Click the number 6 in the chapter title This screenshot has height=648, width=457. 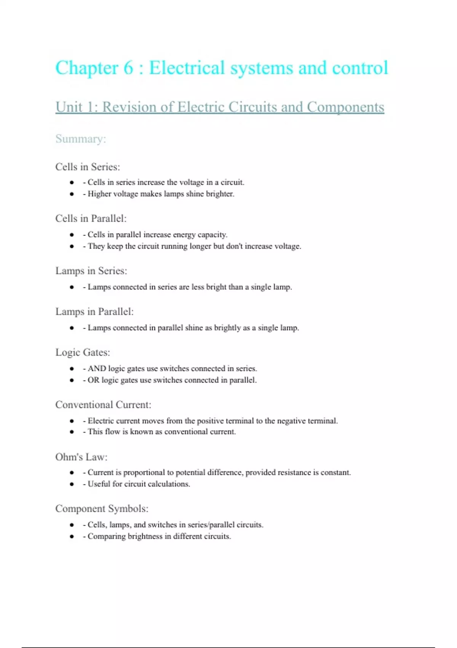coord(128,69)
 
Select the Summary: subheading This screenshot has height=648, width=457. coord(80,139)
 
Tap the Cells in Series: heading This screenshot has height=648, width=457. coord(88,167)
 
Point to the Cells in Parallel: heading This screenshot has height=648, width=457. coord(91,218)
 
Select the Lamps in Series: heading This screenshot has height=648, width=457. coord(91,271)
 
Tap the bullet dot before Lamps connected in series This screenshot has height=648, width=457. coord(72,287)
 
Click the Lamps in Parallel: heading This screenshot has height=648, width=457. coord(94,311)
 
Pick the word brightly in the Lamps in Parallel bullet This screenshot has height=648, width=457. coord(227,328)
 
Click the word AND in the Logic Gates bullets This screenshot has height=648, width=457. coord(97,369)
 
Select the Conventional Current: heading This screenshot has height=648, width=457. coord(103,404)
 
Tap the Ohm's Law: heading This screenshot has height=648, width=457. coord(81,457)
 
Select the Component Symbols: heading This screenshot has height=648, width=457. coord(102,508)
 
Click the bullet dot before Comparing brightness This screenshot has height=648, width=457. coord(72,536)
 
